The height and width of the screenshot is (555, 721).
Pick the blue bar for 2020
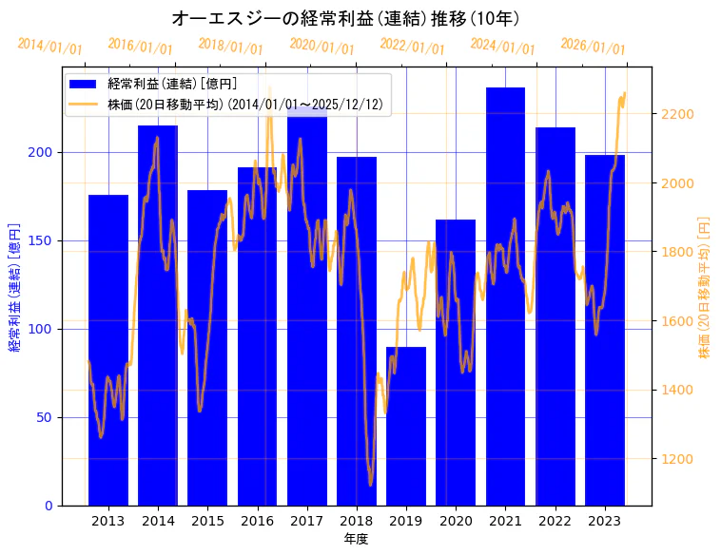coord(456,362)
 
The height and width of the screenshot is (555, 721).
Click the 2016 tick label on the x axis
coord(257,521)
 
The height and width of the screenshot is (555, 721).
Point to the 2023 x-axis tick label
coord(605,521)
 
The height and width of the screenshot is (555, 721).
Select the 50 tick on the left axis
coord(45,417)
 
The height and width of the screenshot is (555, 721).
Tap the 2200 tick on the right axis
coord(677,114)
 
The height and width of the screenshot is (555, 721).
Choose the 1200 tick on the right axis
coord(677,459)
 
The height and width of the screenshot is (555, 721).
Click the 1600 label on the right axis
coord(677,321)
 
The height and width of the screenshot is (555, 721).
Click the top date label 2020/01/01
coord(322,47)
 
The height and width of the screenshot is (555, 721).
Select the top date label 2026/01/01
coord(593,47)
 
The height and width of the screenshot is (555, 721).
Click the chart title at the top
coord(345,18)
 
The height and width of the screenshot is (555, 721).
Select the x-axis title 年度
coord(356,539)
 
